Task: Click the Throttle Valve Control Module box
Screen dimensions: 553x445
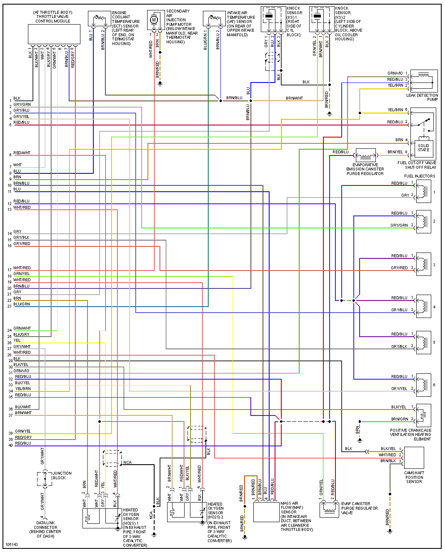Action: (x=54, y=34)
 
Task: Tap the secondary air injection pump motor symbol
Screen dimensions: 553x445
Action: (x=154, y=20)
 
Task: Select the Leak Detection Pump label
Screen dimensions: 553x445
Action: (x=422, y=97)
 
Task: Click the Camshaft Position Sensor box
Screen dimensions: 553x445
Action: (x=414, y=458)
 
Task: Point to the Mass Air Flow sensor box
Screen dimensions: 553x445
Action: (x=266, y=512)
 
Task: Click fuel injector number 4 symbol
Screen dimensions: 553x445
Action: (x=424, y=306)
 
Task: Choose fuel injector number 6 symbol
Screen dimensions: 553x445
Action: (x=424, y=385)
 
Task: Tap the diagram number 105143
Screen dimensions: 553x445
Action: (x=12, y=544)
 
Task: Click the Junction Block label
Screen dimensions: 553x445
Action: (x=62, y=475)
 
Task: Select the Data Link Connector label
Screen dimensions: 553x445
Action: (x=45, y=529)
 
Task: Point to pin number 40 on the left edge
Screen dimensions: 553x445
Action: (x=11, y=445)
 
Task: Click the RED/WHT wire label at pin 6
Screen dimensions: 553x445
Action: (x=22, y=153)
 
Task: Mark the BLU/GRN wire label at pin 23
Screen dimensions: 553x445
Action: (x=22, y=304)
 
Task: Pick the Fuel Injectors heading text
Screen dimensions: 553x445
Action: (x=419, y=176)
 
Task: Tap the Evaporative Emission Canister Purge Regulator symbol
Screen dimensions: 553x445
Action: (x=365, y=155)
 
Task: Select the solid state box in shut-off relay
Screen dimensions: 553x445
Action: (x=423, y=148)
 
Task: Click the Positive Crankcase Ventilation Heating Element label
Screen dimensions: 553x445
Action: (x=410, y=435)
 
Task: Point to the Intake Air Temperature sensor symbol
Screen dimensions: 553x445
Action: (x=214, y=19)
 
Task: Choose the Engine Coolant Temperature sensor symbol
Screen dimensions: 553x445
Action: (x=99, y=19)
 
